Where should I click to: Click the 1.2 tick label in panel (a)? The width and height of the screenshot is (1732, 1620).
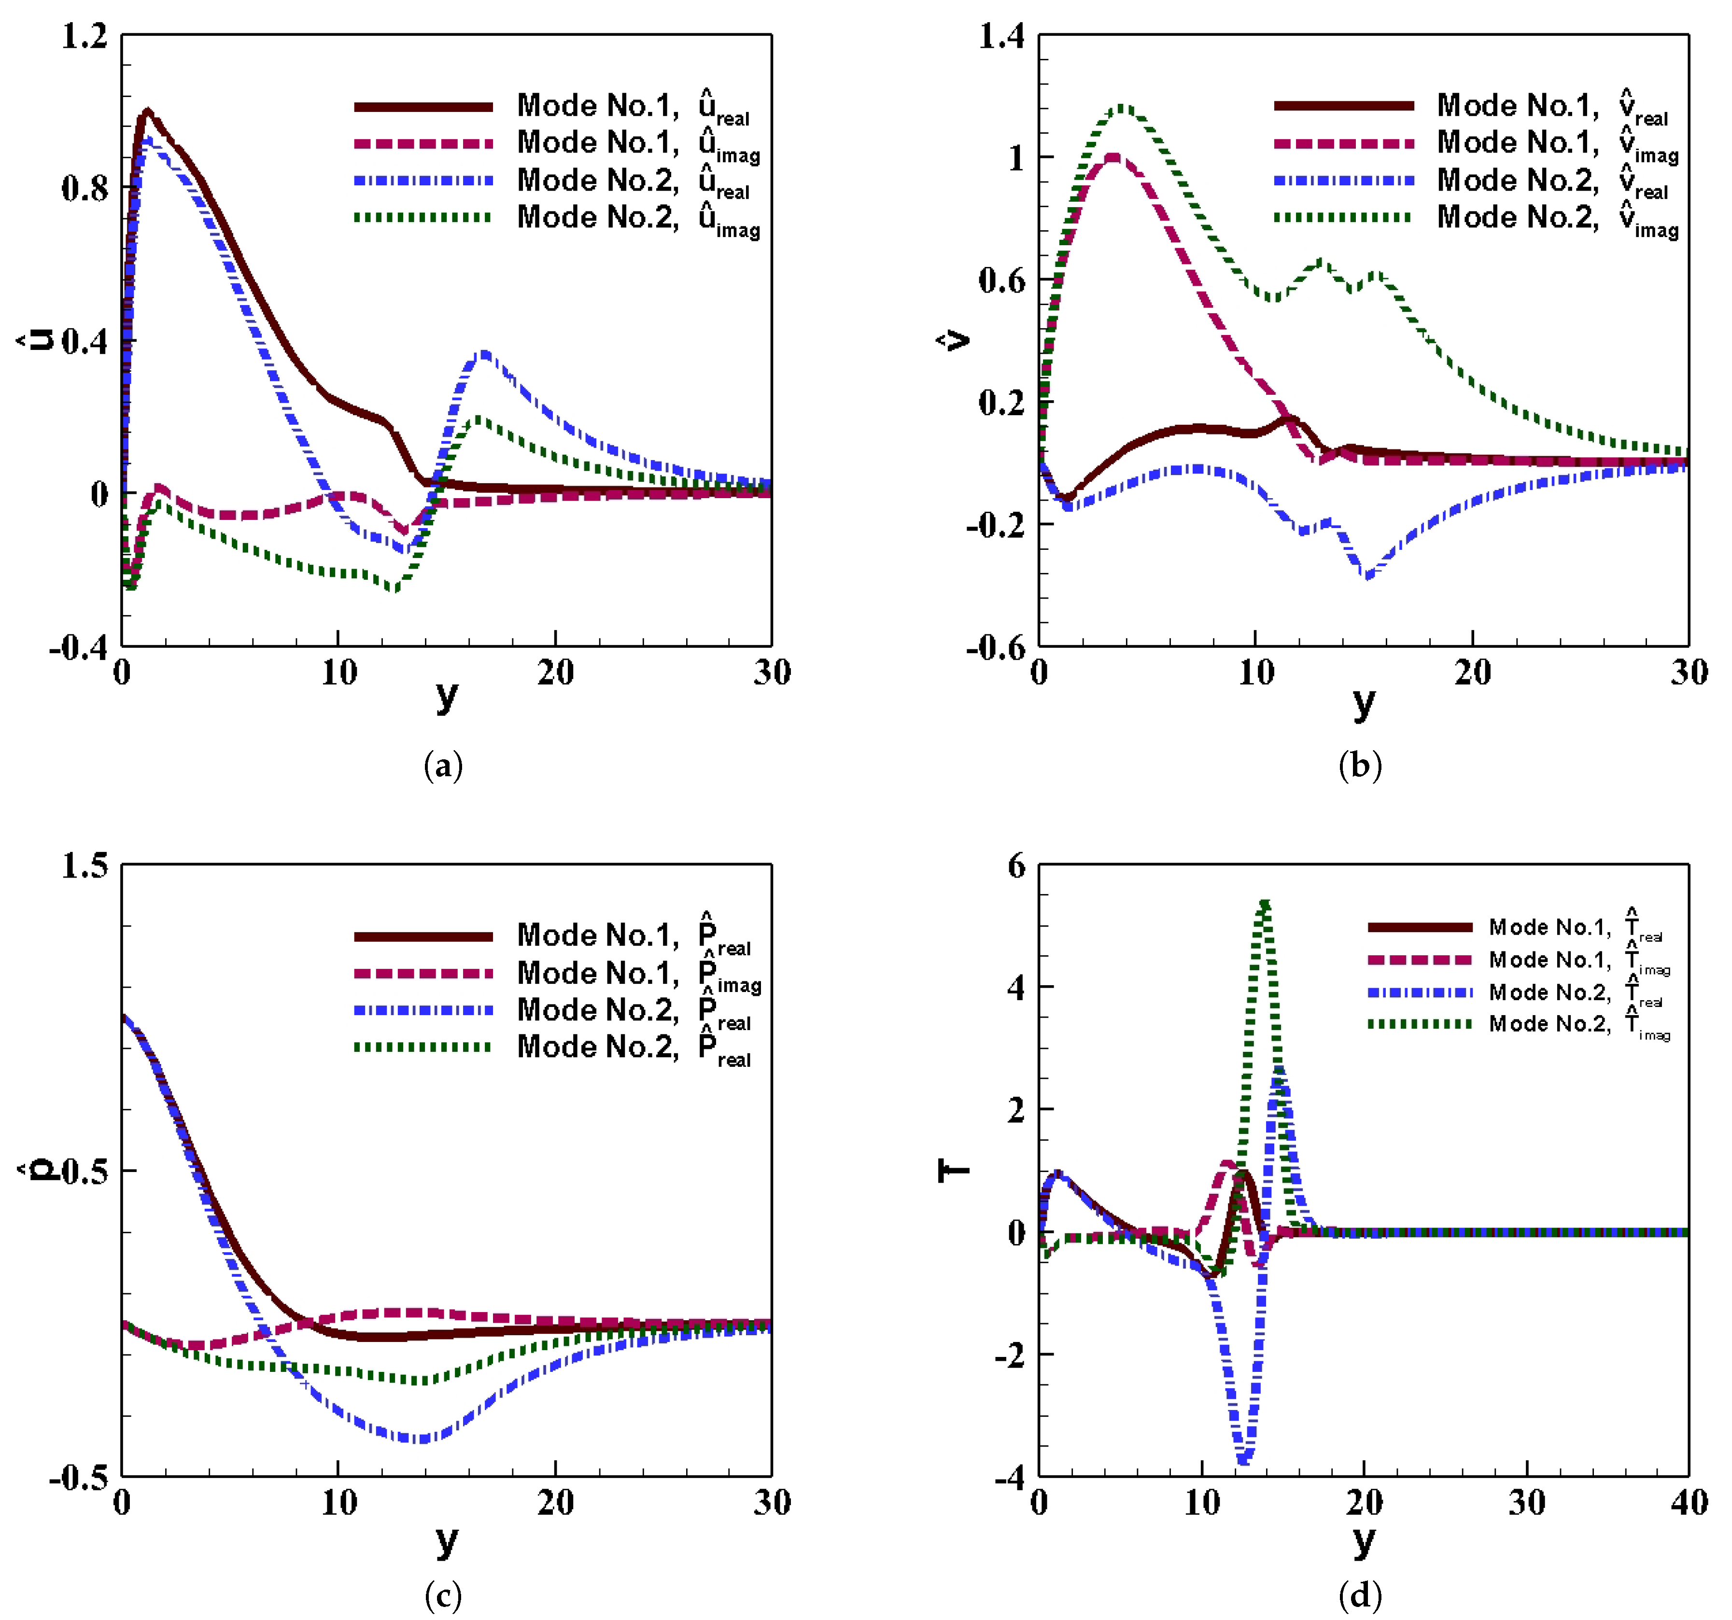click(x=84, y=37)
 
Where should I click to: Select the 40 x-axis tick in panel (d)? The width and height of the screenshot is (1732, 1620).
click(x=1689, y=1502)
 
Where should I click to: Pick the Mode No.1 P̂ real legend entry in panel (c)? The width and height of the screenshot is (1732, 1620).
click(x=558, y=936)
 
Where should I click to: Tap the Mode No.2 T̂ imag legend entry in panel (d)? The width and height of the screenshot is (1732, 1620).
click(x=1521, y=1023)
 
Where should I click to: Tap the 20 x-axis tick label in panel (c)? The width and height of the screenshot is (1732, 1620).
click(x=555, y=1502)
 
